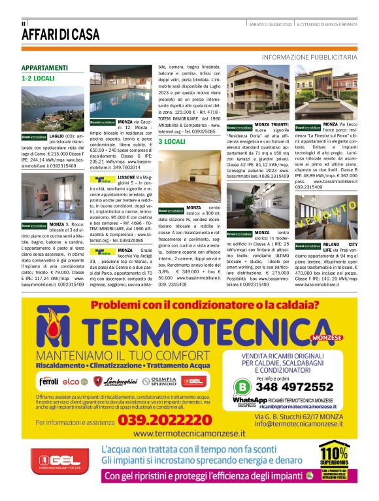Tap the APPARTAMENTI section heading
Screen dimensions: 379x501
[x=48, y=68]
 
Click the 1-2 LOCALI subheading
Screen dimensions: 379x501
[x=38, y=78]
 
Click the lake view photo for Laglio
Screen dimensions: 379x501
[x=53, y=107]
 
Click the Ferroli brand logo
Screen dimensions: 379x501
[x=48, y=381]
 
